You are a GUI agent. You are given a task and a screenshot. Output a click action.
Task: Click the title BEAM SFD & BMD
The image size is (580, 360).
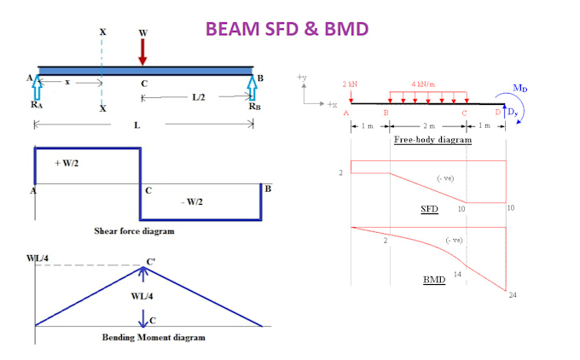pos(286,30)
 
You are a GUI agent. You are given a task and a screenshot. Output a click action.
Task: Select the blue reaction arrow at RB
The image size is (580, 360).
pos(253,88)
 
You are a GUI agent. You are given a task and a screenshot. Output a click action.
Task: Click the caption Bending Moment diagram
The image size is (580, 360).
pos(148,338)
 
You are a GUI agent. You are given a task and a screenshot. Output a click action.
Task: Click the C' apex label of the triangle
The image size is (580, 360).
pos(151,261)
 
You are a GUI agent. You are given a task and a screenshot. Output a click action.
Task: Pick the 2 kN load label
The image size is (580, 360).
pos(350,84)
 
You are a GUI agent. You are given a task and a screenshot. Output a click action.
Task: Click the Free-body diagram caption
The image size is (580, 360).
pos(432,139)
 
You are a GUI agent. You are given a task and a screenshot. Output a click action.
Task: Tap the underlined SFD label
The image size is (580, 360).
pos(430,208)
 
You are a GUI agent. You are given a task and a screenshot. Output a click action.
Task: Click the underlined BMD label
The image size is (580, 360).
pos(433,279)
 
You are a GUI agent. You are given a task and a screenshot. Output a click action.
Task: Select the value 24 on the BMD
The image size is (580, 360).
pos(513,295)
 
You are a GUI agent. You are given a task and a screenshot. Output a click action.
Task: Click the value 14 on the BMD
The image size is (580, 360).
pos(457,275)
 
